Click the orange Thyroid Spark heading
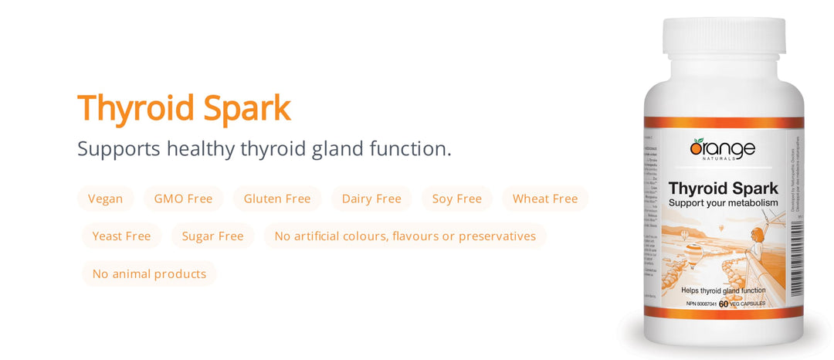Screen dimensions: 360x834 [x=184, y=108]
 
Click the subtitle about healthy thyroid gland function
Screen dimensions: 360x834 [x=264, y=148]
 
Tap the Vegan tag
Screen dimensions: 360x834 [x=105, y=199]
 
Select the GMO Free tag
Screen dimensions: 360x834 [x=183, y=199]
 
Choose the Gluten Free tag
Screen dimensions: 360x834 [x=277, y=199]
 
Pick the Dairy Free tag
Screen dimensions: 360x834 [x=371, y=199]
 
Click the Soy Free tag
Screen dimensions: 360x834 [x=457, y=199]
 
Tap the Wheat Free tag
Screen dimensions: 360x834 [x=545, y=199]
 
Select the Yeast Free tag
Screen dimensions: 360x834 [x=121, y=236]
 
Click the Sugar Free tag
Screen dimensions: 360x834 [x=212, y=236]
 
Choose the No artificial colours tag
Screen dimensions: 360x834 [x=405, y=236]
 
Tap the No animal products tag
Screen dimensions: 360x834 [x=149, y=273]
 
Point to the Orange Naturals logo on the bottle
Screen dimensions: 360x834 [x=722, y=149]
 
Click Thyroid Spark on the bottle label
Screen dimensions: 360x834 [x=723, y=188]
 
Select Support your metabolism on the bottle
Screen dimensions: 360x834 [x=723, y=202]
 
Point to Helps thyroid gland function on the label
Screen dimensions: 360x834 [x=723, y=290]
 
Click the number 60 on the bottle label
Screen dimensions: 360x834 [x=724, y=304]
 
